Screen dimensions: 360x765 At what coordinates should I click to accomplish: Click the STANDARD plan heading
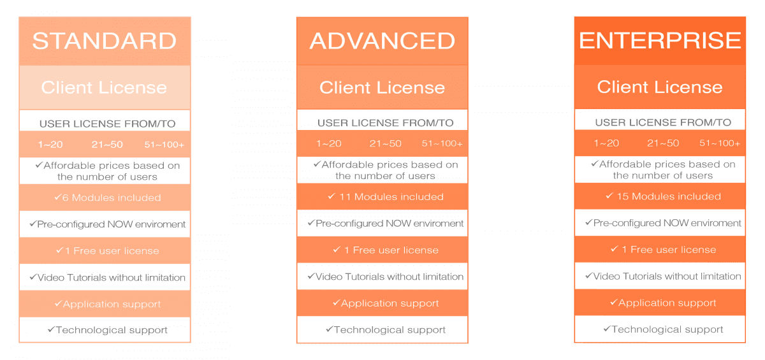point(105,41)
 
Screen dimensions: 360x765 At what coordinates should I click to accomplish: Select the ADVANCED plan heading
point(382,41)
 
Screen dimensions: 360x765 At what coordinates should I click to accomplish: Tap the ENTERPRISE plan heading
point(660,41)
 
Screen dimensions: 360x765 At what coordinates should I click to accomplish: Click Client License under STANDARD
point(104,88)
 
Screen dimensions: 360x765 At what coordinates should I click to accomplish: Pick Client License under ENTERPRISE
point(660,87)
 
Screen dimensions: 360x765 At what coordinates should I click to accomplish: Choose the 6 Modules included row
point(107,198)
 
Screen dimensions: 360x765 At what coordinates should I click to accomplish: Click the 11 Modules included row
point(385,197)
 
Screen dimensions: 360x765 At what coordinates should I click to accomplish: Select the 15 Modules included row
point(663,196)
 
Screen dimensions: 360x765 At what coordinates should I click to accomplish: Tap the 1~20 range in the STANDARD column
point(50,145)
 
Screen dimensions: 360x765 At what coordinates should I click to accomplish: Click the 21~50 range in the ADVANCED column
point(385,143)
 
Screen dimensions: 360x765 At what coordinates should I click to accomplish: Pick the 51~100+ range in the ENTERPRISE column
point(720,143)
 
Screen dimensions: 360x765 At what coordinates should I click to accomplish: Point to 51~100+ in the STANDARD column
point(164,145)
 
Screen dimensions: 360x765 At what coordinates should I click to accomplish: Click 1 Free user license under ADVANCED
point(385,250)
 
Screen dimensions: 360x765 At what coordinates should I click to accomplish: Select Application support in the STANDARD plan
point(107,305)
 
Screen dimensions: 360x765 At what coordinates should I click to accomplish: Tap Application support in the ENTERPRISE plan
point(663,303)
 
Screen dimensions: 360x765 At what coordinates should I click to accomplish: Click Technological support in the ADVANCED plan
point(385,330)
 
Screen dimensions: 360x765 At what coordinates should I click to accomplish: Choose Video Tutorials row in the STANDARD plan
point(107,278)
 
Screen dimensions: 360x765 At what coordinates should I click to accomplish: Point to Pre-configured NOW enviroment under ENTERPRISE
point(663,223)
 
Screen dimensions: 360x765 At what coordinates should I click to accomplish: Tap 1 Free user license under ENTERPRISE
point(663,250)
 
